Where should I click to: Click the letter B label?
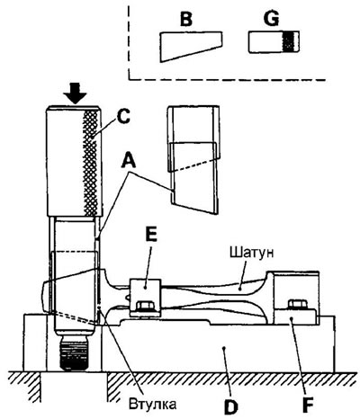point(186,20)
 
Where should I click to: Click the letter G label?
point(271,20)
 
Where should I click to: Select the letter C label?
point(123,116)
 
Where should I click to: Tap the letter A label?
point(129,161)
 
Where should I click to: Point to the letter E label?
point(151,235)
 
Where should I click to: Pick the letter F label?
point(308,405)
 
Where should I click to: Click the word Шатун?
point(252,253)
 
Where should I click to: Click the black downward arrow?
point(75,94)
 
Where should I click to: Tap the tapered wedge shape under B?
point(191,46)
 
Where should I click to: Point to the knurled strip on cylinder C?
point(91,163)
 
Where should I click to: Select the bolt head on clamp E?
point(145,306)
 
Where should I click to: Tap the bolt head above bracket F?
point(297,305)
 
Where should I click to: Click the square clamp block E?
point(145,298)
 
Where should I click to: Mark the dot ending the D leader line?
point(223,348)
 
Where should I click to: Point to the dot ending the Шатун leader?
point(240,290)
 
